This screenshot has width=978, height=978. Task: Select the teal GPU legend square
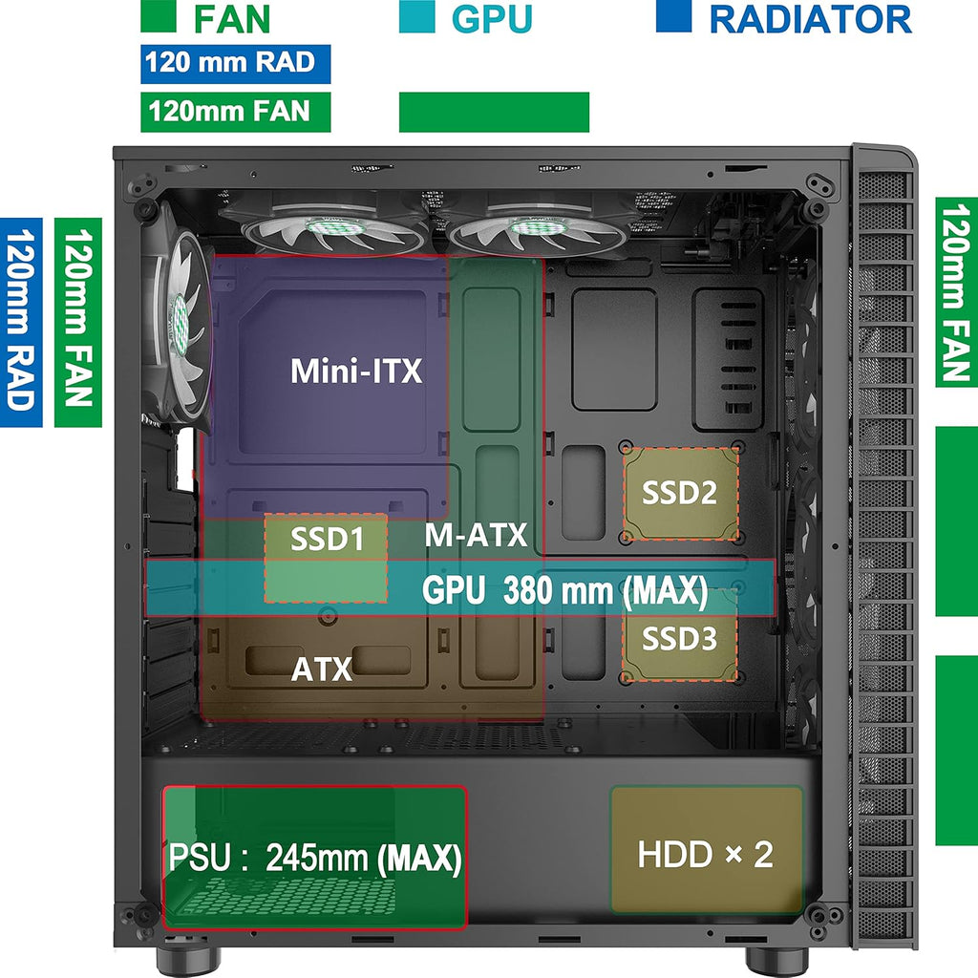tap(416, 16)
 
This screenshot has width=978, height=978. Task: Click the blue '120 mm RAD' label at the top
tap(236, 64)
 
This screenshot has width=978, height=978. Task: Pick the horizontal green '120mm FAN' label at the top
tap(236, 113)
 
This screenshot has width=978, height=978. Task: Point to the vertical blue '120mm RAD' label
tap(21, 323)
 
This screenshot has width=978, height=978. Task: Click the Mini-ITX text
tap(356, 371)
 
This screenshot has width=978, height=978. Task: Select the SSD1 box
tap(326, 558)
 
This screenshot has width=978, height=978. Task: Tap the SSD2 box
tap(680, 493)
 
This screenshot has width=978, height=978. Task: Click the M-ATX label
tap(476, 535)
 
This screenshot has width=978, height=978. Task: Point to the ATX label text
tap(322, 670)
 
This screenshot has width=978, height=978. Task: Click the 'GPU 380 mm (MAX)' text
tap(565, 590)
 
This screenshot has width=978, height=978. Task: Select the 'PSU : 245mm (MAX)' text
tap(315, 859)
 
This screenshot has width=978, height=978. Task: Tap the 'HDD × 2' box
tap(707, 849)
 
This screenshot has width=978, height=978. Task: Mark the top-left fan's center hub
tap(335, 227)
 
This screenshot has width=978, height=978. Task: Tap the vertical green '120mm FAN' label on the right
tap(957, 292)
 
